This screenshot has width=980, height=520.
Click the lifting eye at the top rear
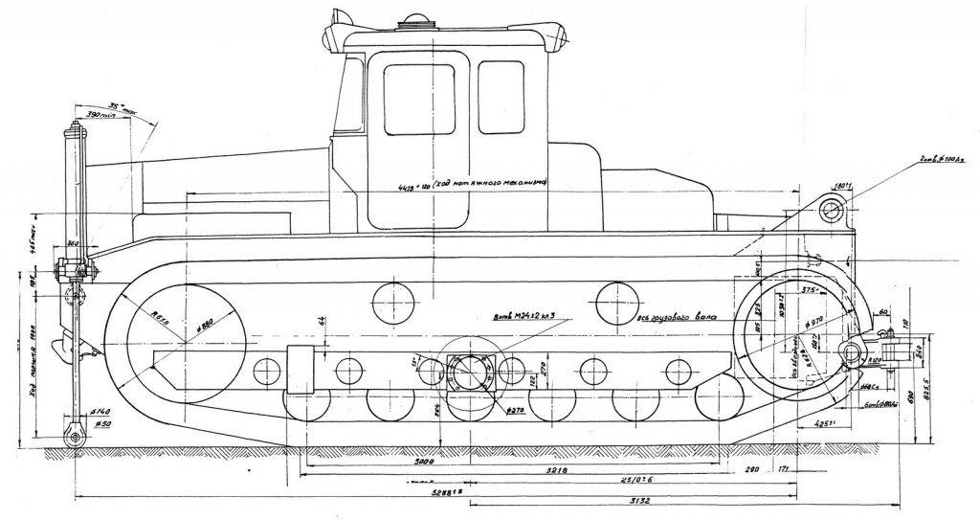click(x=831, y=210)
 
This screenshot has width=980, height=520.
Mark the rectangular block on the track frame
click(x=301, y=371)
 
